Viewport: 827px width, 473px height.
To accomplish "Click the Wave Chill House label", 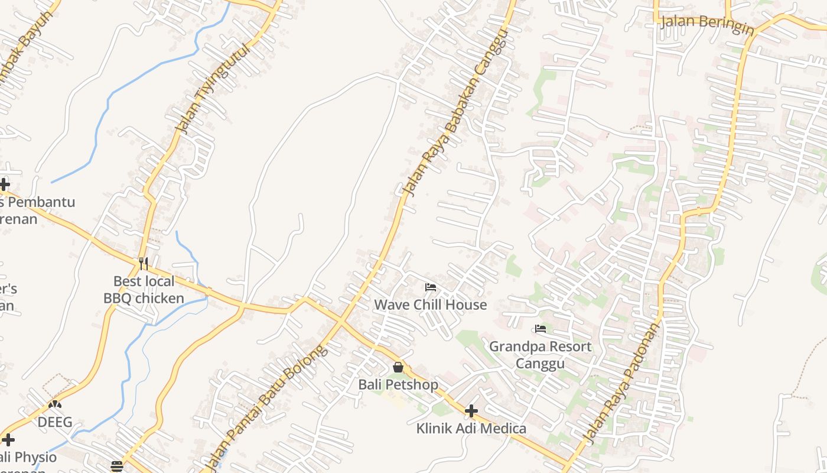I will [x=431, y=305].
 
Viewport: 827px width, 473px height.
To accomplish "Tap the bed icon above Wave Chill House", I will [x=431, y=287].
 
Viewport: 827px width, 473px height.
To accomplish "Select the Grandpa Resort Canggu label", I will [x=540, y=354].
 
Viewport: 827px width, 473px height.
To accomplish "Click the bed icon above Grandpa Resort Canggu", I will [x=540, y=329].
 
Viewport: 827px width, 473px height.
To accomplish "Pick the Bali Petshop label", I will [x=398, y=385].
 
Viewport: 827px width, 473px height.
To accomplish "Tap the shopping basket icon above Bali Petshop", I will [x=398, y=367].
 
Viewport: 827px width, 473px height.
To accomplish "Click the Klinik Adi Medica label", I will [x=471, y=428].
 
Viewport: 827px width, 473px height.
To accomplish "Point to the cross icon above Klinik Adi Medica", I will [x=471, y=410].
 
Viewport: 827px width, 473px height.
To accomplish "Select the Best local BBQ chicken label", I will [x=144, y=290].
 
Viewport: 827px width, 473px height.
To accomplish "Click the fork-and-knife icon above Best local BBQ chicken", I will [x=144, y=263].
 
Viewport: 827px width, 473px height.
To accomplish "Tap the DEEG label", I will [x=55, y=422].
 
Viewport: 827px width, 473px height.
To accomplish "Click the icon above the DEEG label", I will [x=55, y=405].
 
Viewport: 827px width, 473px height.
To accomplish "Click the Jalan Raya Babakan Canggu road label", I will [x=455, y=112].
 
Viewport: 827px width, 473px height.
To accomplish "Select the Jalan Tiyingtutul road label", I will [x=213, y=89].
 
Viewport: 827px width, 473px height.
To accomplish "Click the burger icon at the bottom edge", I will [x=117, y=466].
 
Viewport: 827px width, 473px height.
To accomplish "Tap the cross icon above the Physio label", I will [x=8, y=439].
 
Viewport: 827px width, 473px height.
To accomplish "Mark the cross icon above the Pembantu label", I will [x=5, y=184].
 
